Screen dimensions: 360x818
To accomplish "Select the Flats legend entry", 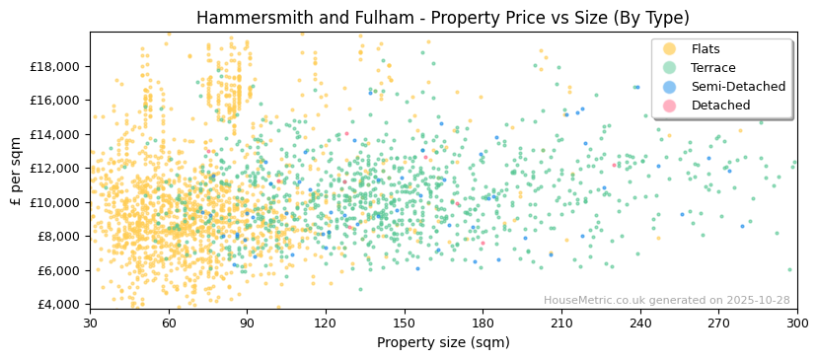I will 705,49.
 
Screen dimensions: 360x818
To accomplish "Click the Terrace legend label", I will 712,68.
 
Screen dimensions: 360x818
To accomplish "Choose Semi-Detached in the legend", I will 738,87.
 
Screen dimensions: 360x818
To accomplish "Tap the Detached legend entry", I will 720,106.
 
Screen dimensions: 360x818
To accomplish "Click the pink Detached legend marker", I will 669,106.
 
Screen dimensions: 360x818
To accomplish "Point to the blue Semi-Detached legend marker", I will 669,87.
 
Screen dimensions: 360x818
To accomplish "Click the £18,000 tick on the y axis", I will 58,66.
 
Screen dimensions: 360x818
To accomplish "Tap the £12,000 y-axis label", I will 58,168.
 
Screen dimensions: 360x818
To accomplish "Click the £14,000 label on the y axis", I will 58,134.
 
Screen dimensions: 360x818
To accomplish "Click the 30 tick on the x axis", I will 90,324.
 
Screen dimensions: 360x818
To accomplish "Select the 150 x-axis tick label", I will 405,324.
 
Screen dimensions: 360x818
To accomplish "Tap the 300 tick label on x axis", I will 797,324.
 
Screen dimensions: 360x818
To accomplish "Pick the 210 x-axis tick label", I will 561,324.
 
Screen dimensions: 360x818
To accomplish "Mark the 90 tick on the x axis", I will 247,324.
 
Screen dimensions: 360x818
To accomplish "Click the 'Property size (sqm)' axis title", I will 443,343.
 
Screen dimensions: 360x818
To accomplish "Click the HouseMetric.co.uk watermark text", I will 666,301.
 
